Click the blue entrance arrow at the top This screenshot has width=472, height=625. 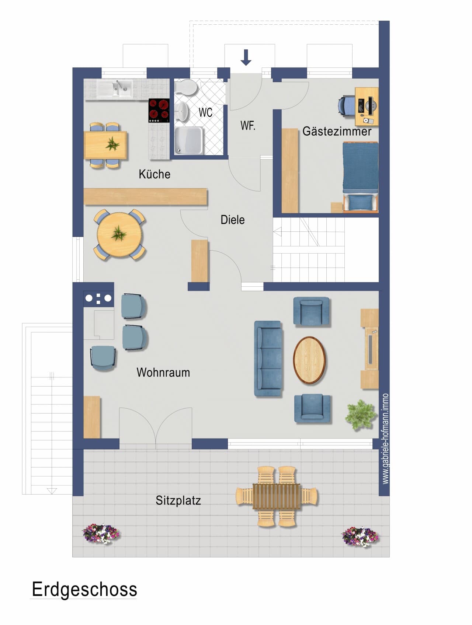246,57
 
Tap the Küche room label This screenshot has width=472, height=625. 155,174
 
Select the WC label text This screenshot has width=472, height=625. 205,112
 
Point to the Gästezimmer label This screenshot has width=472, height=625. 337,131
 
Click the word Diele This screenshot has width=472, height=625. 233,220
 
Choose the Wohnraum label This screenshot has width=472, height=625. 163,372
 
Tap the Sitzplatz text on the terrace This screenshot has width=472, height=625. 178,500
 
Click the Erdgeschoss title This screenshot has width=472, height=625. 84,589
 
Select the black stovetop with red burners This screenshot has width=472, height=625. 159,111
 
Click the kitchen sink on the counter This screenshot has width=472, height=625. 115,89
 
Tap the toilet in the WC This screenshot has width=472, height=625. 186,88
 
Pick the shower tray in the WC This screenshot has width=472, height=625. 188,140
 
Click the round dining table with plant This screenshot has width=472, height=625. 119,234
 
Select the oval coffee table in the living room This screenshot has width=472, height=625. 309,360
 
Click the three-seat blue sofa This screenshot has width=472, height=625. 268,359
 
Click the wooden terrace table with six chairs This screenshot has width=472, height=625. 277,496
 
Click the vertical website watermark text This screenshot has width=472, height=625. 385,439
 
